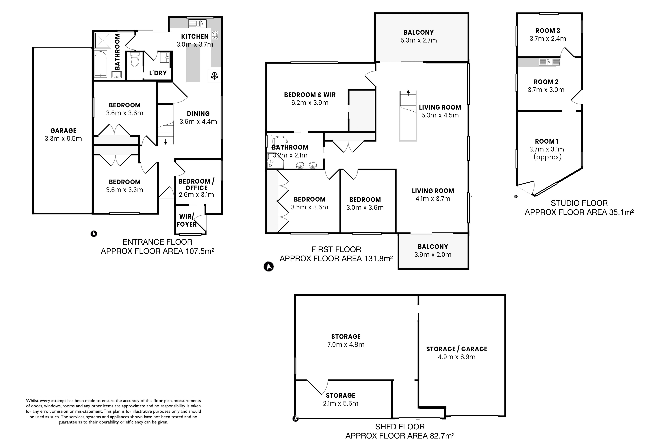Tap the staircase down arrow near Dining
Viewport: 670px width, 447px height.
click(166, 142)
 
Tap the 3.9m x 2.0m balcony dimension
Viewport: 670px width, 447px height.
click(433, 255)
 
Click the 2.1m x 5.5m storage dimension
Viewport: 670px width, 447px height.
click(341, 403)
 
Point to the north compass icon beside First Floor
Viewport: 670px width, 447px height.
click(268, 267)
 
